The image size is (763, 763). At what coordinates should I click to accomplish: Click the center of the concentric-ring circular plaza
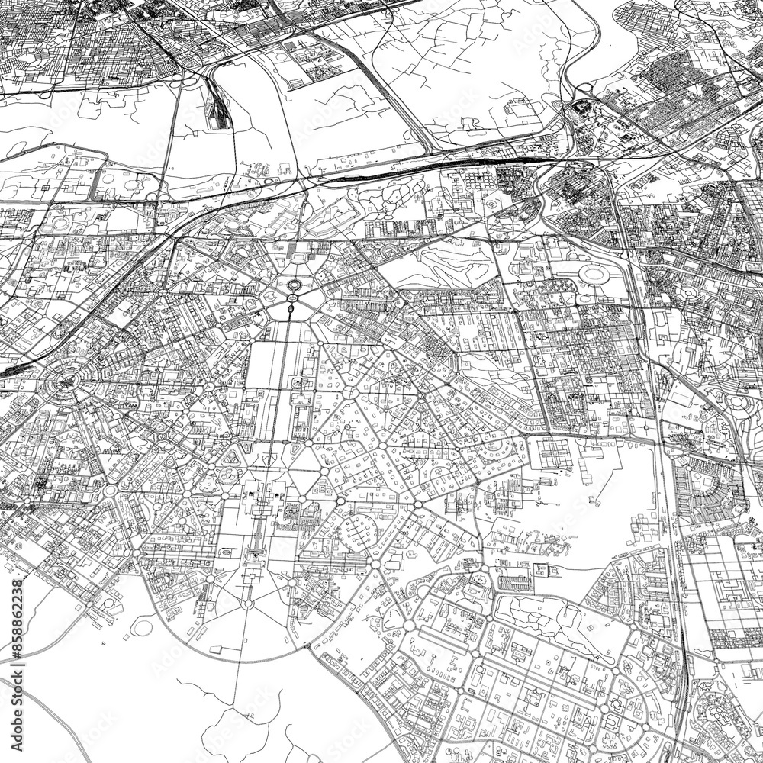pos(67,378)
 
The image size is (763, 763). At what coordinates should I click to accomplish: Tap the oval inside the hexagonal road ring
pos(293,287)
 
